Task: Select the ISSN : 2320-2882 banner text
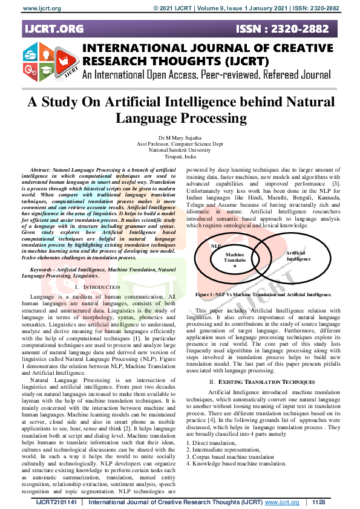pos(283,28)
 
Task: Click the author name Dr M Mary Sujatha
pos(180,139)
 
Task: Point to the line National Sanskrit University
pos(180,152)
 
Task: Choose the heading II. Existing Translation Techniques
pos(255,382)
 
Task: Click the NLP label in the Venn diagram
pos(215,247)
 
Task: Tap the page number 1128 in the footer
pos(319,502)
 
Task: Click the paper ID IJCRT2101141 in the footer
pos(57,502)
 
